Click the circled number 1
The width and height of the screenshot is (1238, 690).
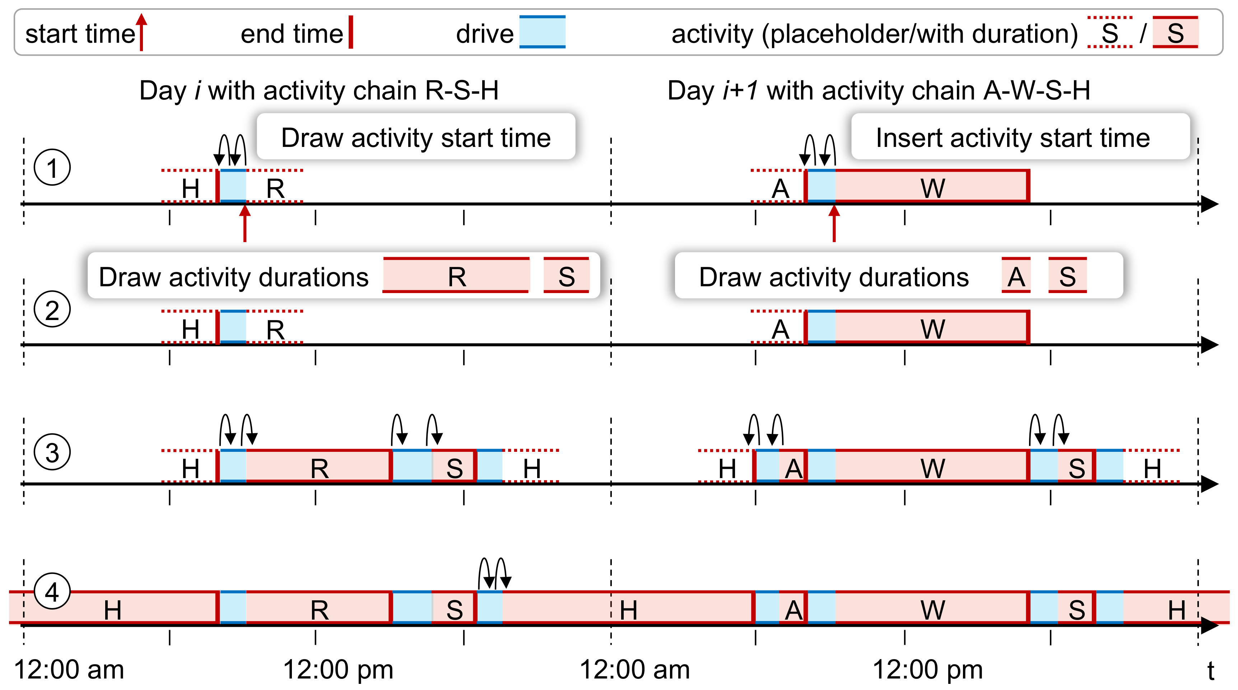52,167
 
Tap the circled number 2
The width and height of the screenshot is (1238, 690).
52,309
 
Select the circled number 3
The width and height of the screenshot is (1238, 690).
52,452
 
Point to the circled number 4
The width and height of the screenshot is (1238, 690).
52,592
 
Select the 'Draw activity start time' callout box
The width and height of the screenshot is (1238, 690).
416,137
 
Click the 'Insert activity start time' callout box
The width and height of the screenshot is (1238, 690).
1020,137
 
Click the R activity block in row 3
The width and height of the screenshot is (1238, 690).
319,467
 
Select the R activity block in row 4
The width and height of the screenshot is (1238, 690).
319,608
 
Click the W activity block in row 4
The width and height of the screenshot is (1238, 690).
932,608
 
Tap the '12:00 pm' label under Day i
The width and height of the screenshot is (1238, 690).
338,669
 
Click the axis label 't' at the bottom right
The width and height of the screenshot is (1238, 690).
1211,670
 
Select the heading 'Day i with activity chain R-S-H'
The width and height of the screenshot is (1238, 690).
319,91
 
